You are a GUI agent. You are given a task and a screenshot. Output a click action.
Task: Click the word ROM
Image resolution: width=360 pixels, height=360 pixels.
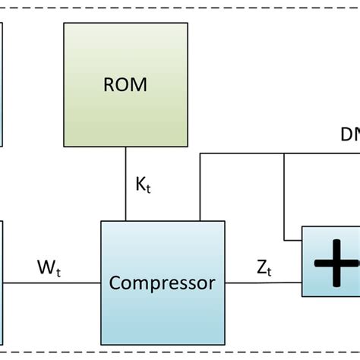(x=125, y=84)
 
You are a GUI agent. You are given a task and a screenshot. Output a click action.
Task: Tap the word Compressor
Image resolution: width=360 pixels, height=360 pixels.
(x=163, y=283)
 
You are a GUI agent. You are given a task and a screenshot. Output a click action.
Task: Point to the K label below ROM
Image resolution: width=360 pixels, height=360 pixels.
(x=142, y=185)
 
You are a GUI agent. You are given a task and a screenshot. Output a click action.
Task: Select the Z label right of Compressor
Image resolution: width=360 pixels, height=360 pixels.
(x=264, y=267)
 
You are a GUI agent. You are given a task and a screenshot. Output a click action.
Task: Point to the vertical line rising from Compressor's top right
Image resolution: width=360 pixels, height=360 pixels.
(x=201, y=190)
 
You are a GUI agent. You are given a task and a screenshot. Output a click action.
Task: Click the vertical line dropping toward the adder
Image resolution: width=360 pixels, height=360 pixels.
(x=284, y=197)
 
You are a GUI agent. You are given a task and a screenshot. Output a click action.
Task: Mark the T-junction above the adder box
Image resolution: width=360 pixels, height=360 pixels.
(x=284, y=154)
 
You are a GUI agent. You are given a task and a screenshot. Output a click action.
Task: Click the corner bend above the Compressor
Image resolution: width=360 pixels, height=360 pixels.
(x=201, y=154)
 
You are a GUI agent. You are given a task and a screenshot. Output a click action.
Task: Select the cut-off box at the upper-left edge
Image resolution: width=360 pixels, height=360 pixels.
(x=2, y=84)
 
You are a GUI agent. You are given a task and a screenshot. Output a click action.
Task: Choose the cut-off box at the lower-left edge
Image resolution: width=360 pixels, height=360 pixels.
(x=2, y=281)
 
